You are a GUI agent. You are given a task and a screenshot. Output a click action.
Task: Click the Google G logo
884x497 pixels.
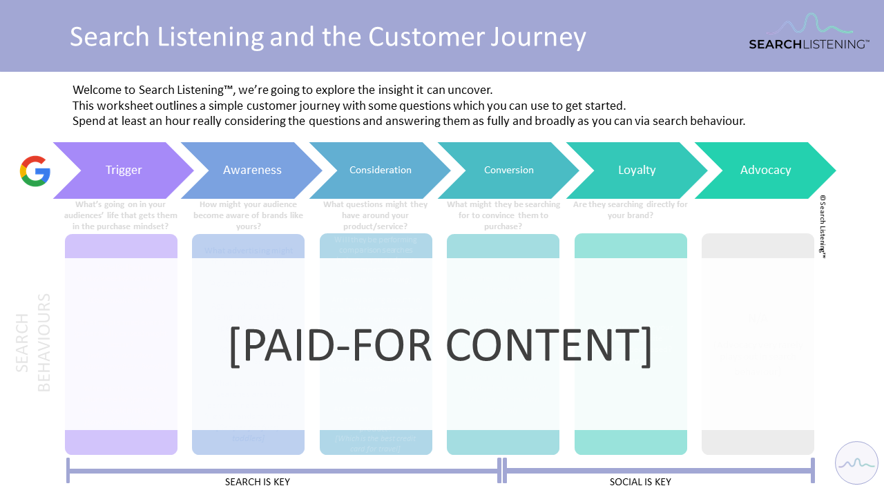(x=35, y=170)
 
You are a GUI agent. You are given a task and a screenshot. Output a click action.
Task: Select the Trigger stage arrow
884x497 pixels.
(x=124, y=170)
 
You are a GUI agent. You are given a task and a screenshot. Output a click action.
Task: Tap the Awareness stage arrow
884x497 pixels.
(x=252, y=170)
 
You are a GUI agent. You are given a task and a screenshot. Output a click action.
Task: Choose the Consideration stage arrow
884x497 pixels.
(x=380, y=170)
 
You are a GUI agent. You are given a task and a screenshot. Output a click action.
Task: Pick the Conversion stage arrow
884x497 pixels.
(x=509, y=170)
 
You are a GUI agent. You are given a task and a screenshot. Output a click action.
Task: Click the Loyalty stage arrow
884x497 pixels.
(x=637, y=170)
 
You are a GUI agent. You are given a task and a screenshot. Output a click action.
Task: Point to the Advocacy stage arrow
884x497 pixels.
(x=765, y=170)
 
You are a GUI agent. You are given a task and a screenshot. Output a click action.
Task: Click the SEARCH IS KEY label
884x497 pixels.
(x=258, y=482)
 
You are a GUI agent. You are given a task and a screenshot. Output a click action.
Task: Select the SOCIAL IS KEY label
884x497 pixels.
(x=640, y=482)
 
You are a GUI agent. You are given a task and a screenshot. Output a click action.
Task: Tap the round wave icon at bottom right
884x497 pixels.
(x=856, y=462)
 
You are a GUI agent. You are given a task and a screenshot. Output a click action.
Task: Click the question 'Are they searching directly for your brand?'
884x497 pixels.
(x=630, y=210)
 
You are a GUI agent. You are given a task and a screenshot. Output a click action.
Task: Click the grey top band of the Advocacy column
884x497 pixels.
(x=758, y=246)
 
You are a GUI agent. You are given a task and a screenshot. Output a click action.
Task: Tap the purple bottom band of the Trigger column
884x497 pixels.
(x=121, y=442)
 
